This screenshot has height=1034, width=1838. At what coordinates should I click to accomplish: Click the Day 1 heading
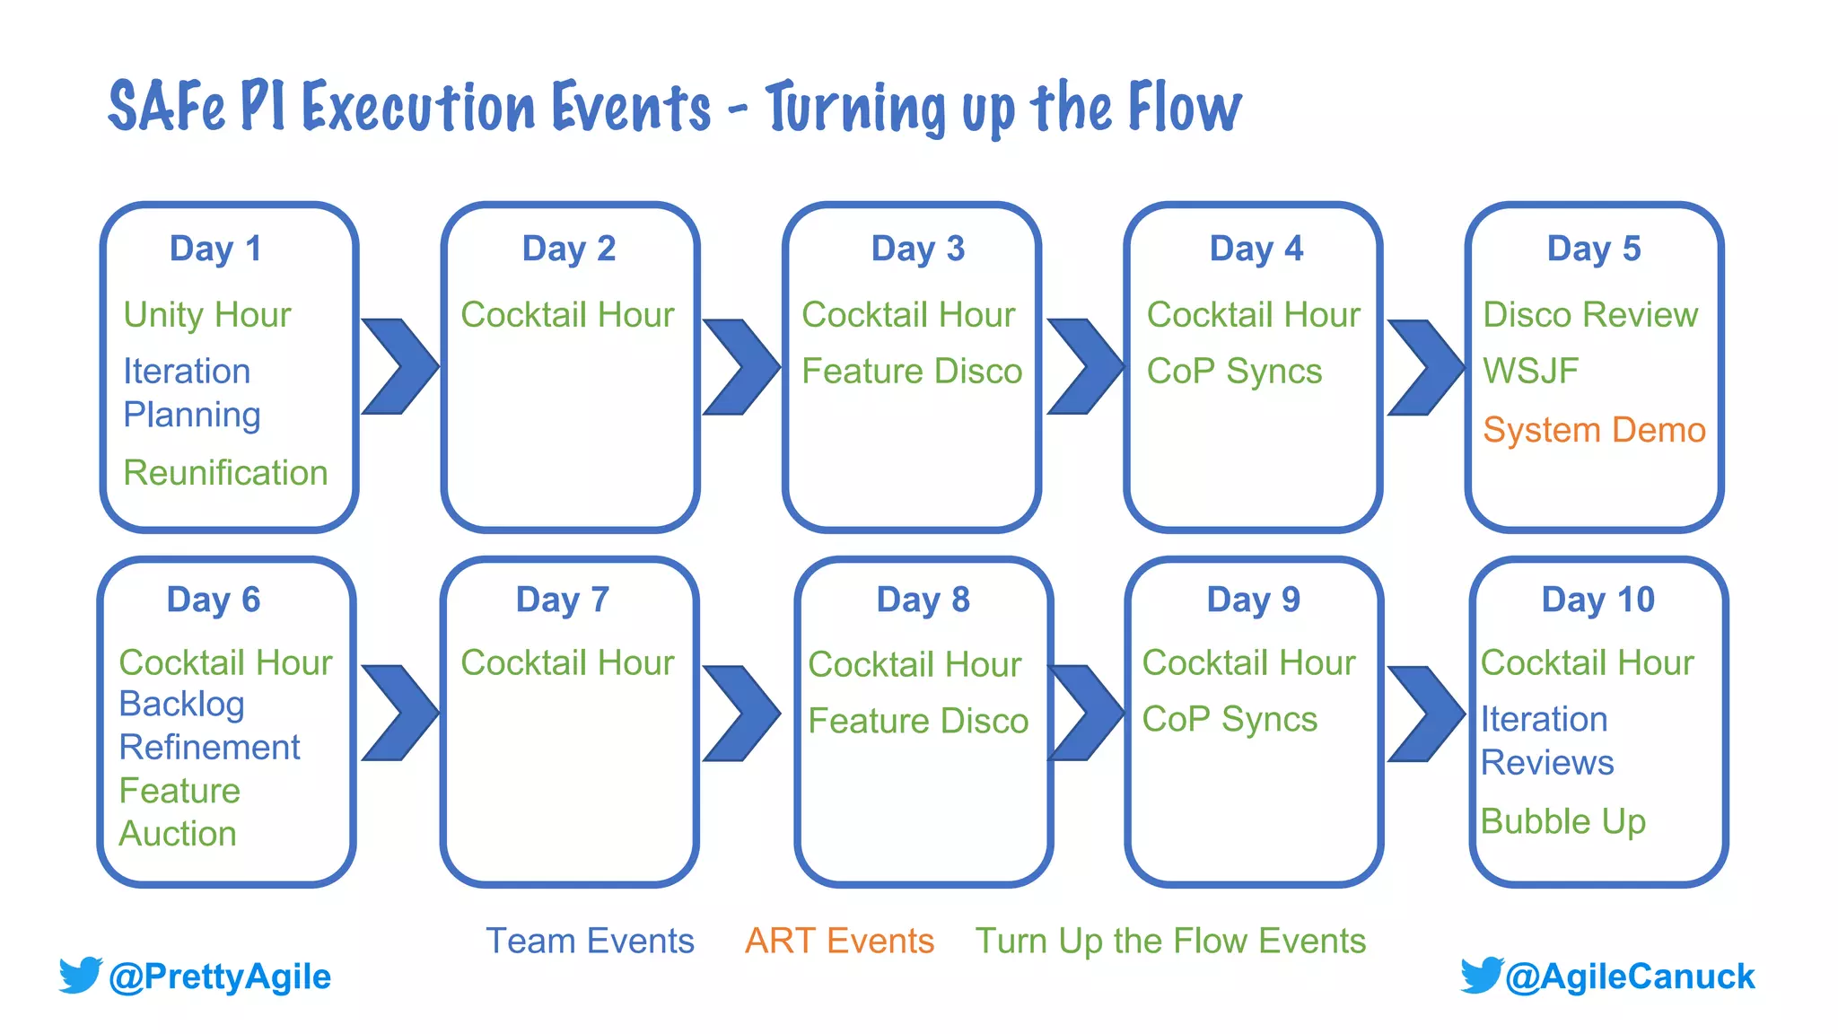(x=215, y=249)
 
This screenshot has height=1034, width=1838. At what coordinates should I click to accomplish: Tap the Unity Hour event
(x=207, y=315)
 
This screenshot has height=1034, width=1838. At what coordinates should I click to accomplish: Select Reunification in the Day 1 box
(x=225, y=473)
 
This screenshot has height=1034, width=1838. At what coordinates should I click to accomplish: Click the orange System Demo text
(x=1594, y=430)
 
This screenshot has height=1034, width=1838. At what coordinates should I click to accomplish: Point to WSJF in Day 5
(x=1530, y=371)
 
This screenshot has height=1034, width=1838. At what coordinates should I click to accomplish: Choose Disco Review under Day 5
(x=1590, y=315)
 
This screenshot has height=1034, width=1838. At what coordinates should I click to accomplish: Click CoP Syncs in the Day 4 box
(x=1234, y=371)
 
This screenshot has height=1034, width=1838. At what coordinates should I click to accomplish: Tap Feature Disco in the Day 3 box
(x=912, y=371)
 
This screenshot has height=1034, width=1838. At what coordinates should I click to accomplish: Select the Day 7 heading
(x=563, y=600)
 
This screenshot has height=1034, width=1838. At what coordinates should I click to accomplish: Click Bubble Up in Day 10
(x=1562, y=821)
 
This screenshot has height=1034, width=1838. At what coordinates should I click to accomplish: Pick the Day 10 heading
(x=1597, y=600)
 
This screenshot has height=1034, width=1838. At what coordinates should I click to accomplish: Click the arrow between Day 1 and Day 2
(x=400, y=366)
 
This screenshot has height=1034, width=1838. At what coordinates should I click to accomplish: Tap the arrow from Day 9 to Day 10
(x=1426, y=714)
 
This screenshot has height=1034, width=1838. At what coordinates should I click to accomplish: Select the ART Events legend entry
(x=839, y=941)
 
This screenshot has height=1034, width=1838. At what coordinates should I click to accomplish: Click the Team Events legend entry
(x=590, y=941)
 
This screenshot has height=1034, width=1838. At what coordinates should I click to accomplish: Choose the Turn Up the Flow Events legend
(x=1170, y=941)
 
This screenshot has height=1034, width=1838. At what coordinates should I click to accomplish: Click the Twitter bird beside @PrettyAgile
(x=81, y=975)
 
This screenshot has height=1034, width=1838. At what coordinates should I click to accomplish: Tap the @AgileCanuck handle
(x=1629, y=977)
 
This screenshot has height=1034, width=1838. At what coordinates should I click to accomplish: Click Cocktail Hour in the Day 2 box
(x=567, y=315)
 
